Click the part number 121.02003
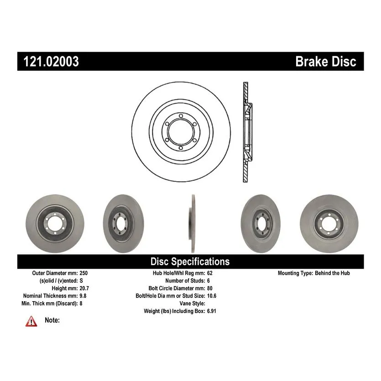tap(48, 62)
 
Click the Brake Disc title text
tap(325, 62)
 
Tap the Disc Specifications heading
tap(190, 261)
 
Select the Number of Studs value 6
tap(209, 281)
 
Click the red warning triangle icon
tap(31, 321)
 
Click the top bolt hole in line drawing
tap(180, 115)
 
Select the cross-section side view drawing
tap(246, 132)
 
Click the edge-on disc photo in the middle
tap(191, 224)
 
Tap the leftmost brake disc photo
tap(48, 224)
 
